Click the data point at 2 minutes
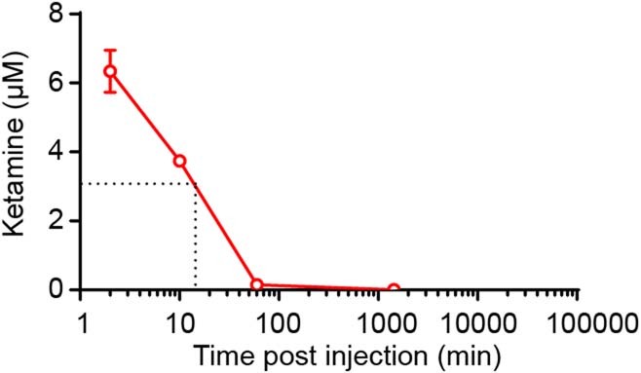[x=111, y=71]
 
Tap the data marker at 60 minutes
[x=257, y=285]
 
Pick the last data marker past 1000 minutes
[x=394, y=289]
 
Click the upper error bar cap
[x=111, y=50]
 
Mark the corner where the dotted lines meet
[x=197, y=182]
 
